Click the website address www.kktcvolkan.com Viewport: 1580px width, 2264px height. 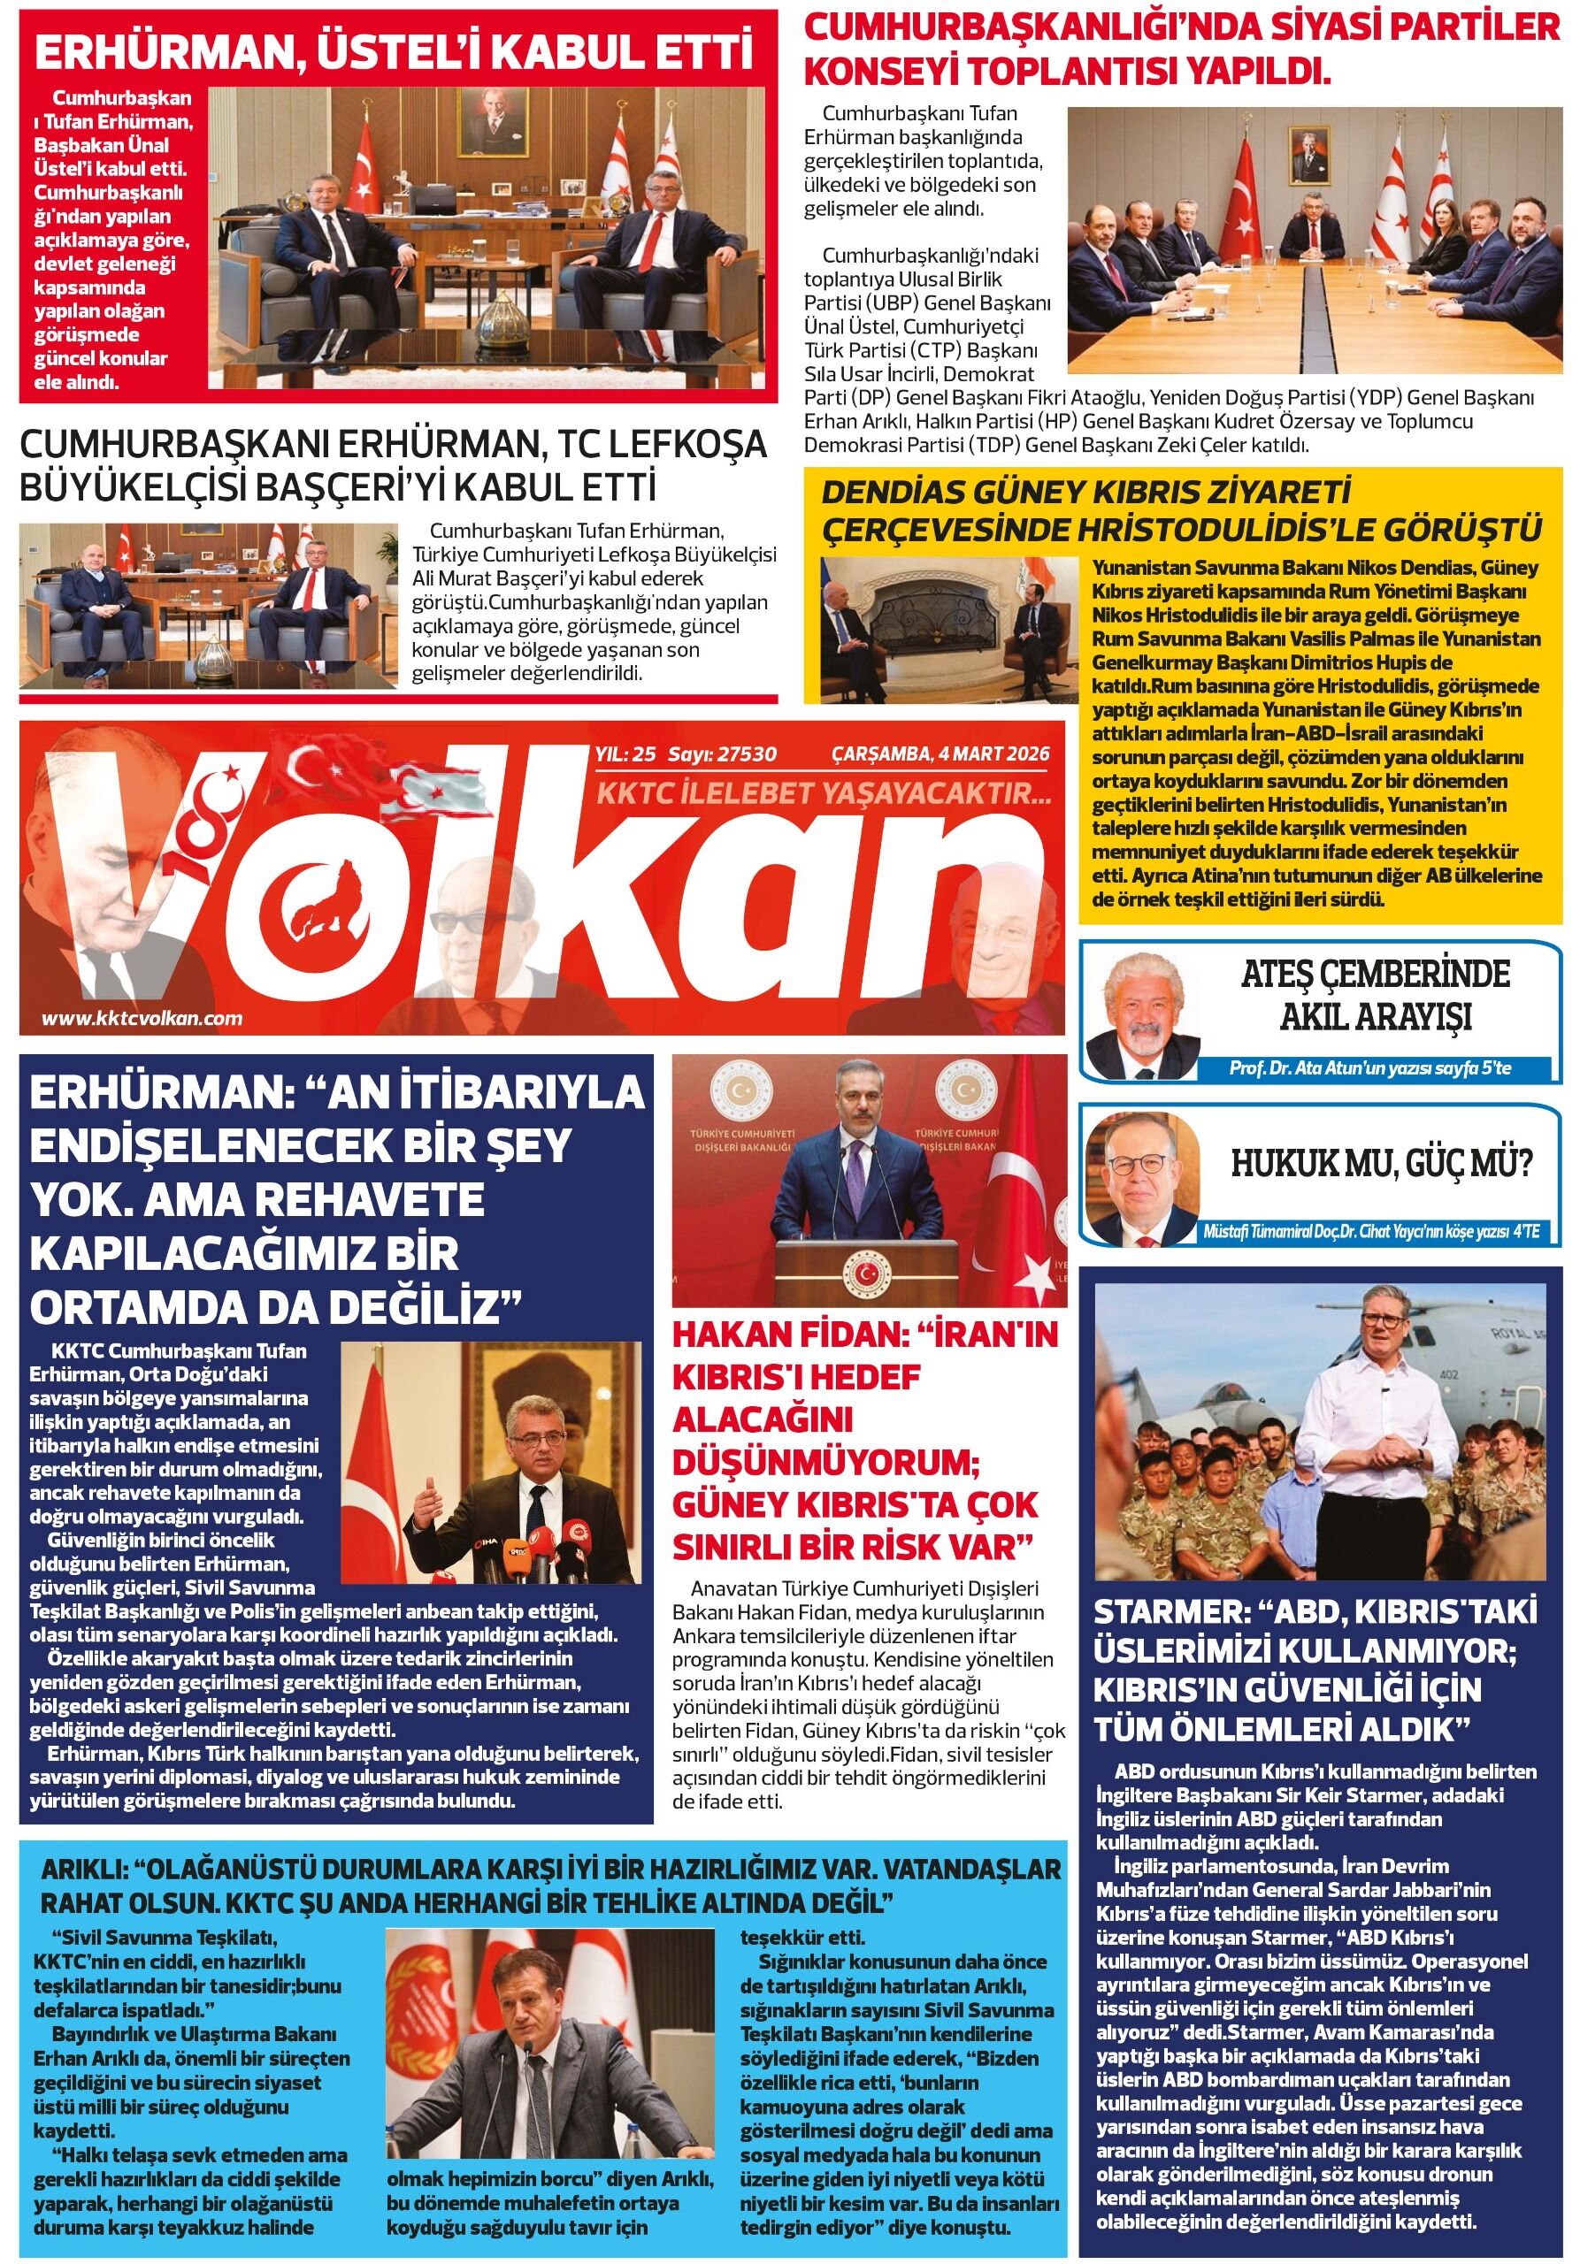coord(142,1019)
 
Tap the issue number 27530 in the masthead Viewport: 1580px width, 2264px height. coord(748,755)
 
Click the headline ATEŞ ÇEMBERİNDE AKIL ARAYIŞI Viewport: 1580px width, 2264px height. coord(1375,995)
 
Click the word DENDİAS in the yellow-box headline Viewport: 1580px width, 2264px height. coord(894,491)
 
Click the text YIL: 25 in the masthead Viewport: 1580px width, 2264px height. coord(625,755)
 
